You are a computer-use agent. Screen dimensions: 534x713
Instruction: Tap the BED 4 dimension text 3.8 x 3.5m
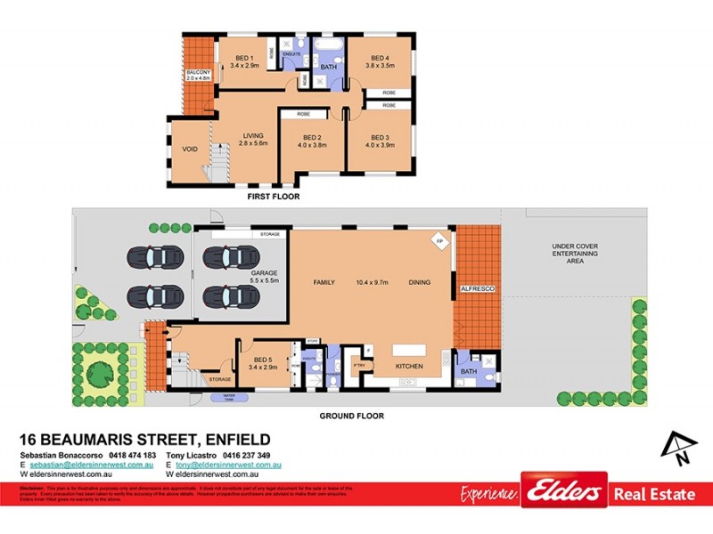click(380, 65)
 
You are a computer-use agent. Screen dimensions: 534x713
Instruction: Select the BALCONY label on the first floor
click(198, 71)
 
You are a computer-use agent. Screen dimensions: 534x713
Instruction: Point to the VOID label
click(189, 149)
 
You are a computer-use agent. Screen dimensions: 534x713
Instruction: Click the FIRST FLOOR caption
click(275, 197)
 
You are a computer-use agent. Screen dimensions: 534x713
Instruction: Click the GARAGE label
click(264, 272)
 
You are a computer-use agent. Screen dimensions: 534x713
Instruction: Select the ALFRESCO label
click(477, 289)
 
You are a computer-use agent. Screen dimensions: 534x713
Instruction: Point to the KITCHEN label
click(409, 366)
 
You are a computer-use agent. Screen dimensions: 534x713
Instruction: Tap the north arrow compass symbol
click(677, 447)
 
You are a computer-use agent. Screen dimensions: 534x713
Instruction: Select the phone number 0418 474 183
click(131, 456)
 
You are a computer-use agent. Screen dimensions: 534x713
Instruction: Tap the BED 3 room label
click(381, 138)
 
